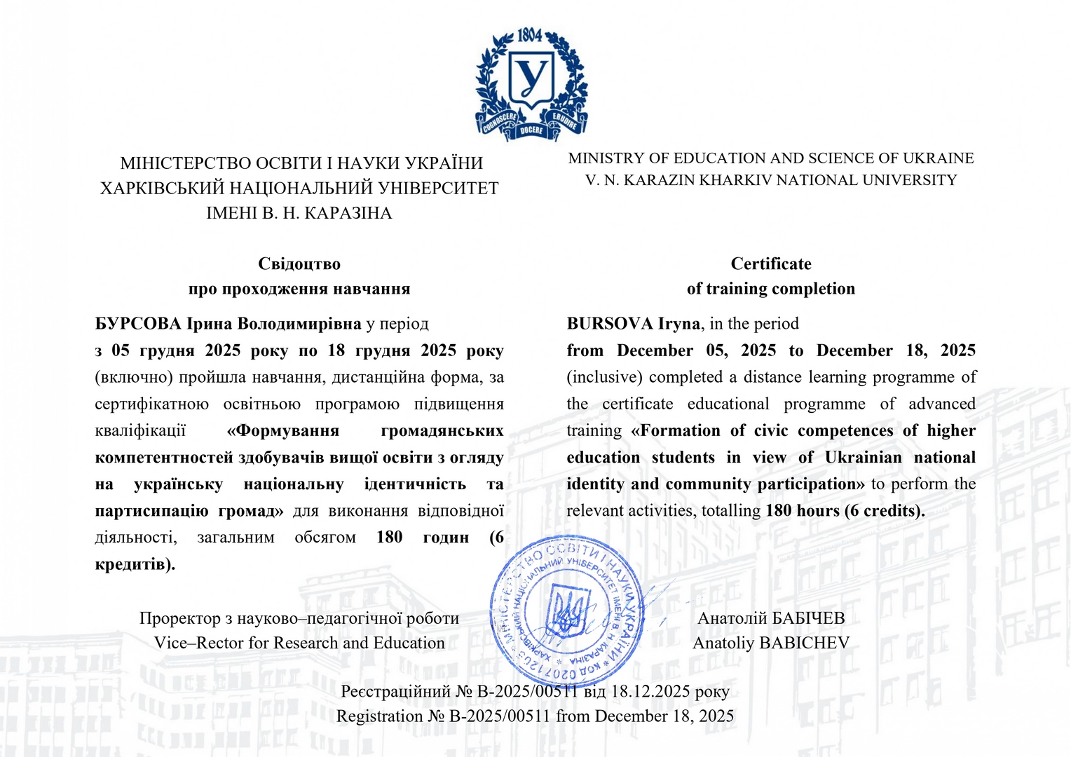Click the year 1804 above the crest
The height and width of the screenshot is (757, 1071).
point(530,34)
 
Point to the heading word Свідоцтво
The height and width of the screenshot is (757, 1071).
point(299,264)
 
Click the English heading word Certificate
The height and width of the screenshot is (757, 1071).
point(771,264)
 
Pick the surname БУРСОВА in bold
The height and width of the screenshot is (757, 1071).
point(138,324)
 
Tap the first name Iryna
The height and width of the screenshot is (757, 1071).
point(678,324)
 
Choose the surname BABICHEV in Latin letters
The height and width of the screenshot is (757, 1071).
point(805,643)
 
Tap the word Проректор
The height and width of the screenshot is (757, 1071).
point(179,618)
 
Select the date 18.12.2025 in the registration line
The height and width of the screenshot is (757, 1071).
point(650,691)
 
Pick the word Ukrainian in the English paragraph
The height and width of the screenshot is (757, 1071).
point(863,458)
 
